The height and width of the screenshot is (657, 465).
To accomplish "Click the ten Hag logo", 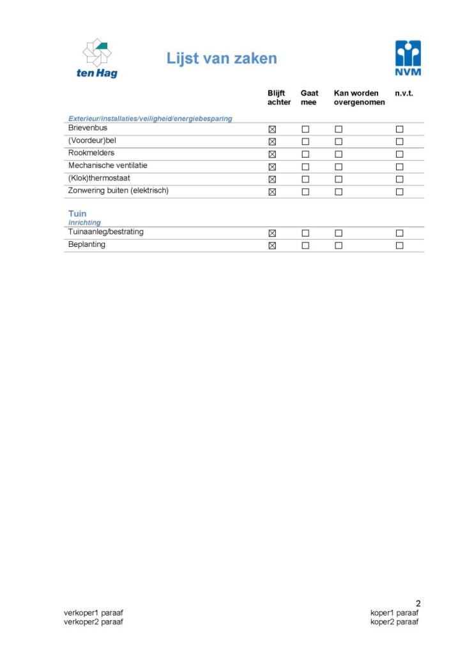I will pos(97,58).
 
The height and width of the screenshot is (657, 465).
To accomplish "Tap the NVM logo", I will pos(408,58).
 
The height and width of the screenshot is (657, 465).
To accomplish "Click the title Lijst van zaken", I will pos(222,59).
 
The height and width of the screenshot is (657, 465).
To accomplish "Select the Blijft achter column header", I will pos(279,98).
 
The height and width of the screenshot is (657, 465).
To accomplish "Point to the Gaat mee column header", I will pos(309,98).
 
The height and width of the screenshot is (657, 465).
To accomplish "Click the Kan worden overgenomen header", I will pos(359,98).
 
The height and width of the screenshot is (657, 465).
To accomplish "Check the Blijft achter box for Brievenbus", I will pos(272,129).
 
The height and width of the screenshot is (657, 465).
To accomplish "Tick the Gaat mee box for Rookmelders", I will pos(305,154).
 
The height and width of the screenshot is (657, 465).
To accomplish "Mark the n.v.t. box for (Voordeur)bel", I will pos(399,142).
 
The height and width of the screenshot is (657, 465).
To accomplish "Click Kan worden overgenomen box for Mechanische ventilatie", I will pos(339,166).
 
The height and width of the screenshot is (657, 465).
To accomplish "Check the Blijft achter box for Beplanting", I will pos(272,246).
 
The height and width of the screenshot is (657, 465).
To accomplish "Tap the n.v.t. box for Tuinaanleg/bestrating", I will pos(399,233).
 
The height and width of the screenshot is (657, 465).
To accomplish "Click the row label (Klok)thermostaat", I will pos(99,178).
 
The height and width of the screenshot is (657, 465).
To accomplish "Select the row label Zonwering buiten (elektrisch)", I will pos(118,191).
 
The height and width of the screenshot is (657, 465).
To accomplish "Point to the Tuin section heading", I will pos(77,214).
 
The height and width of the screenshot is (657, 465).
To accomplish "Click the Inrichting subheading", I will pos(84,223).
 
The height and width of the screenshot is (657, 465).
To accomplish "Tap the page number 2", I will pos(418,603).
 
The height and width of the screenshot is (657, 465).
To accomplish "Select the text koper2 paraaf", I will pos(395,622).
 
